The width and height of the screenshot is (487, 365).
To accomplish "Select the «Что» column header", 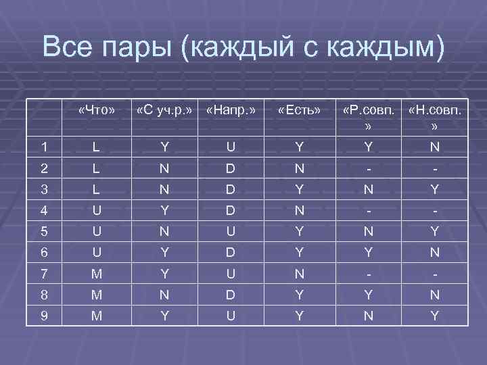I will click(x=97, y=109).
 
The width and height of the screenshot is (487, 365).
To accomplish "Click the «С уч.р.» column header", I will click(x=164, y=109).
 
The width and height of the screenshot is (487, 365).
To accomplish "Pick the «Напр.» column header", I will click(x=232, y=109).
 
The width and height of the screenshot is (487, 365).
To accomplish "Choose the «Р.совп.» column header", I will click(x=367, y=109).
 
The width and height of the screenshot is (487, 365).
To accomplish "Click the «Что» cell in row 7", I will click(x=97, y=274).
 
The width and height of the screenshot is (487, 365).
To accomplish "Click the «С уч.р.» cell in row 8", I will click(x=164, y=294).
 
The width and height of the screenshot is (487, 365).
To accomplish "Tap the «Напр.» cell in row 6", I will click(x=232, y=252).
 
